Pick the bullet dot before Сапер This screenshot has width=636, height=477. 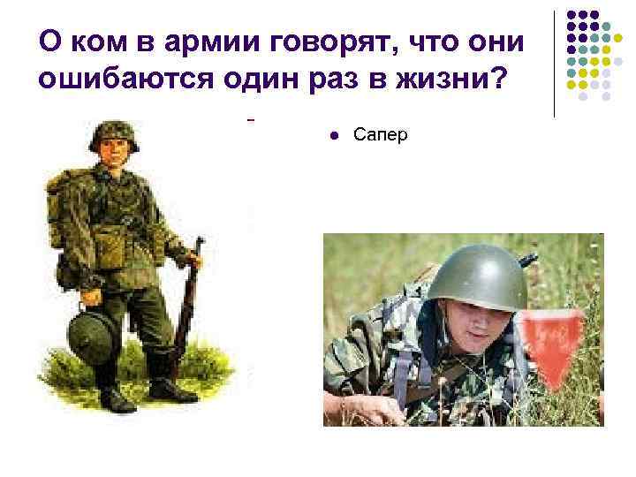pyautogui.click(x=333, y=135)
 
